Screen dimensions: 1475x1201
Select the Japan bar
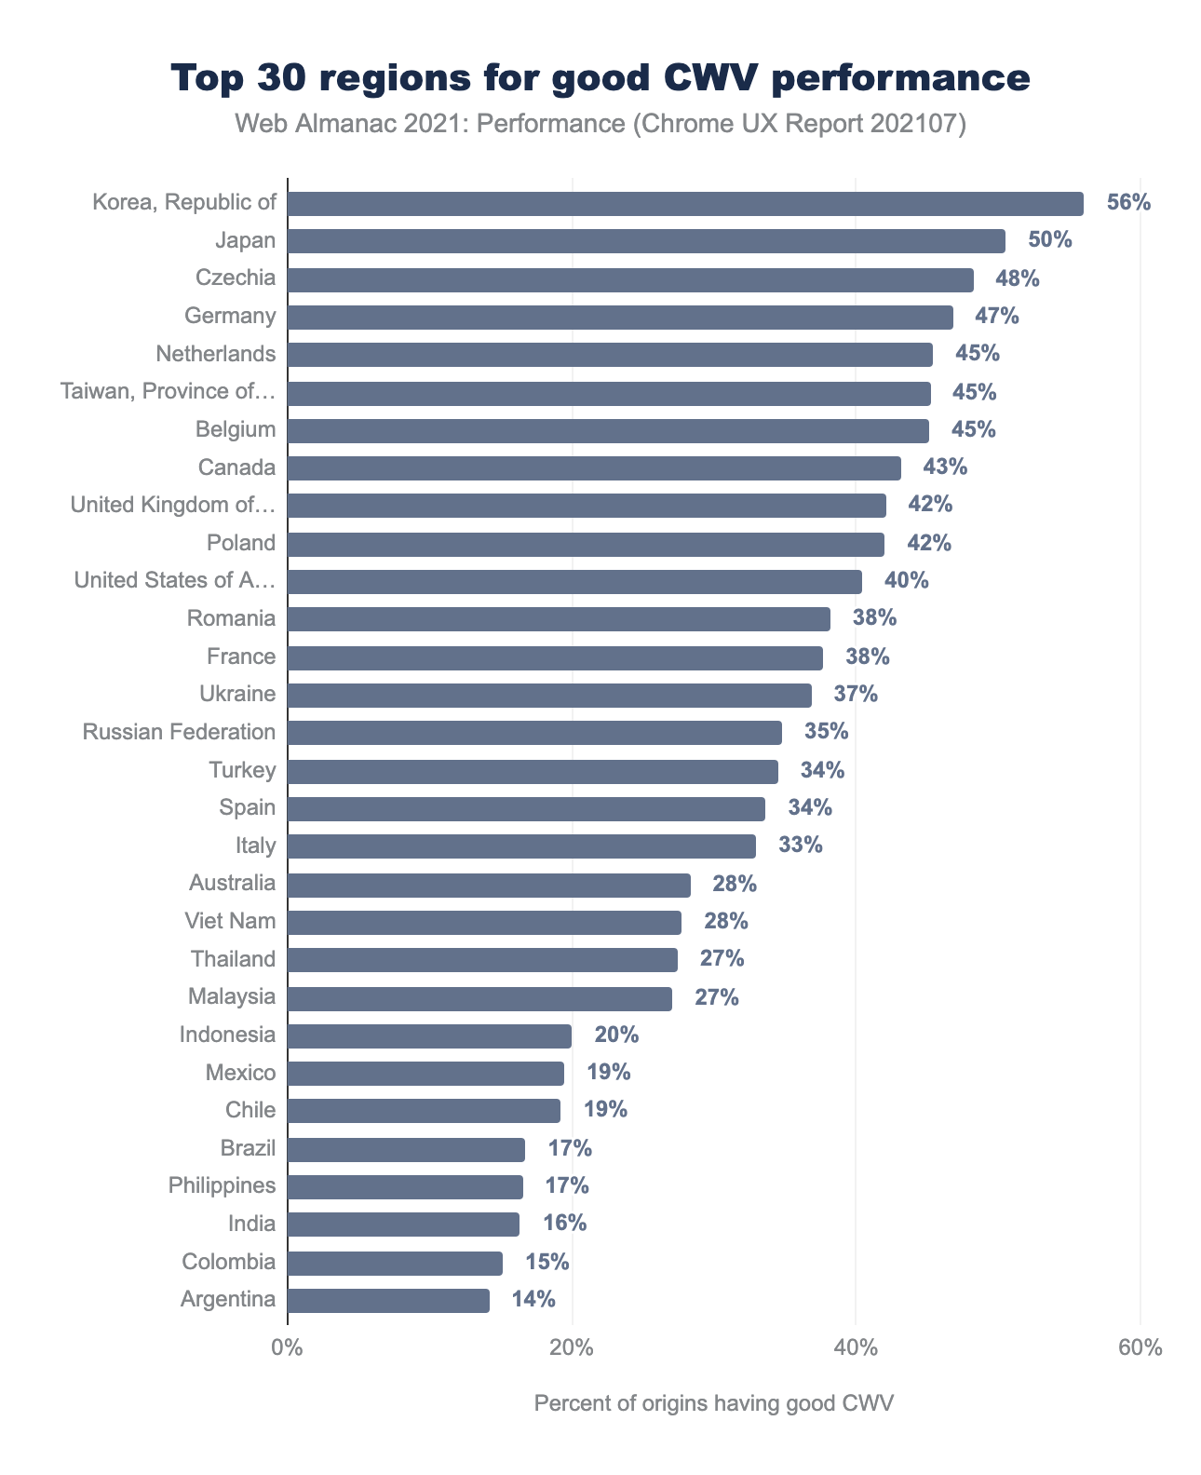tap(646, 241)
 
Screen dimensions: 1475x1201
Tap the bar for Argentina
tap(388, 1301)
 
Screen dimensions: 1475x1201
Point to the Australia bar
tap(489, 885)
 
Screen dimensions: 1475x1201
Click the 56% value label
tap(1128, 203)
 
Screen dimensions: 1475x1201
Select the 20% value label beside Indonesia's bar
tap(616, 1035)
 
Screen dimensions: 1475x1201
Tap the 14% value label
tap(533, 1300)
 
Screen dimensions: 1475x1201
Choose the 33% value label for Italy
tap(801, 846)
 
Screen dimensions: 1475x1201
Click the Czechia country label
tap(236, 278)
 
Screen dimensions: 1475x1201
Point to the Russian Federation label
tap(179, 732)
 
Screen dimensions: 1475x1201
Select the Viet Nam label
tap(231, 922)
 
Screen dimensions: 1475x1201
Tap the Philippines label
tap(222, 1186)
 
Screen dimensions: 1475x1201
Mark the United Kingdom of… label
tap(173, 506)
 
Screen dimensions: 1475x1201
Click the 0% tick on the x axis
tap(287, 1348)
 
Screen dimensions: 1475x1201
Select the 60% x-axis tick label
tap(1140, 1348)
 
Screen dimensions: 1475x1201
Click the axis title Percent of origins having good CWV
tap(714, 1404)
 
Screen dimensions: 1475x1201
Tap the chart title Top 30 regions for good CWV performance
tap(600, 78)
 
